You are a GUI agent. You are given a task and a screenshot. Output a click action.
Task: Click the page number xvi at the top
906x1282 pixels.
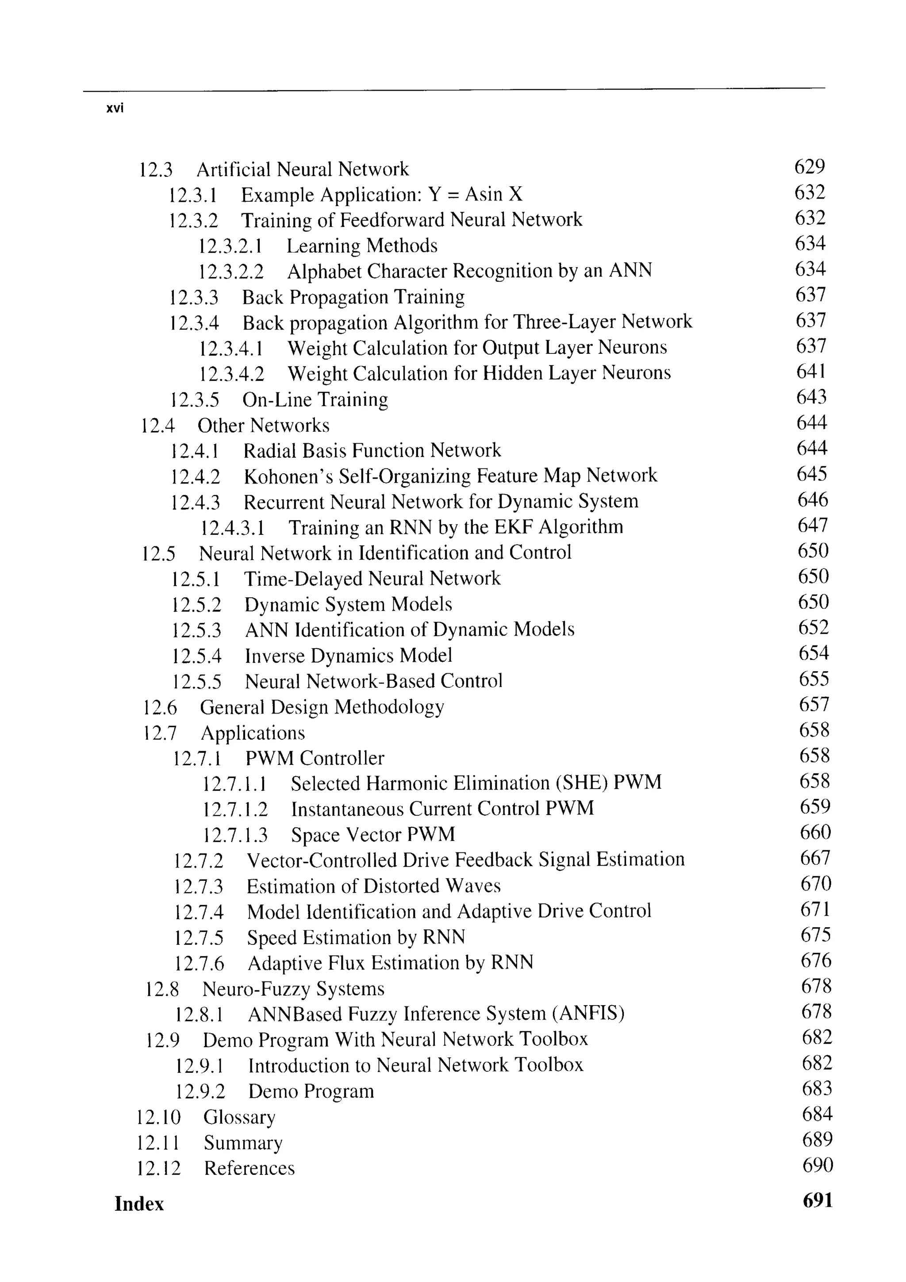[115, 108]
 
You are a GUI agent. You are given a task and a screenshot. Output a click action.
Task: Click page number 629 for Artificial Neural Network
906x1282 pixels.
[809, 166]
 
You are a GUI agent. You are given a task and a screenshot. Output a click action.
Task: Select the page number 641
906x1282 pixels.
[811, 371]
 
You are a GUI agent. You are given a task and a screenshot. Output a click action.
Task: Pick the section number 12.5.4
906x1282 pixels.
[196, 656]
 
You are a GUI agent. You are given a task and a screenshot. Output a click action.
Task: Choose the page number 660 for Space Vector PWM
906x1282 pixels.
[815, 833]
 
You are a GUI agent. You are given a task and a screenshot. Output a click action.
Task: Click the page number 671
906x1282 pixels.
[815, 910]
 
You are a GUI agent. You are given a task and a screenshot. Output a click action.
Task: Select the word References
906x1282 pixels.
[249, 1168]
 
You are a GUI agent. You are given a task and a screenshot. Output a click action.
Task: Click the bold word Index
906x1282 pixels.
[139, 1204]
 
